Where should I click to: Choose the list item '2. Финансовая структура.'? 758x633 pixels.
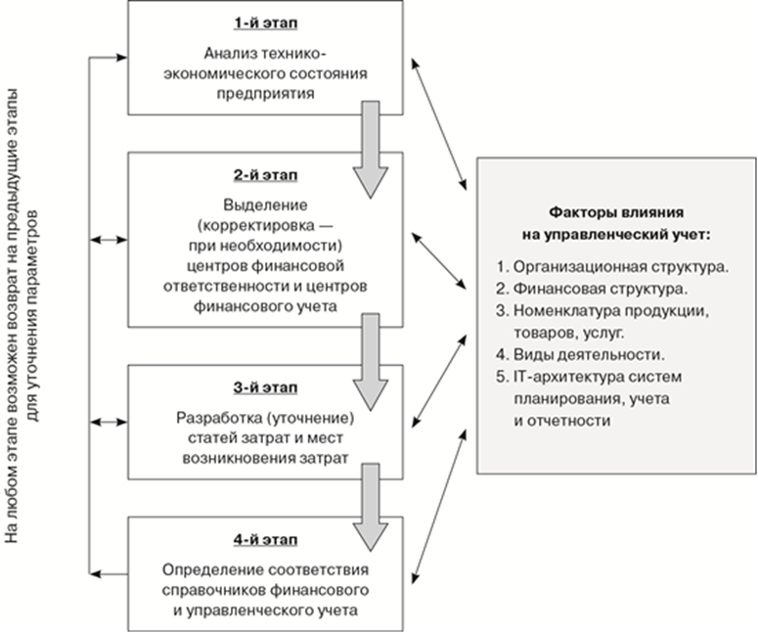590,289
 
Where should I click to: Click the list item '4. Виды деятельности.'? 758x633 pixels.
581,354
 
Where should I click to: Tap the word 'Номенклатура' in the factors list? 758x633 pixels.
557,311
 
